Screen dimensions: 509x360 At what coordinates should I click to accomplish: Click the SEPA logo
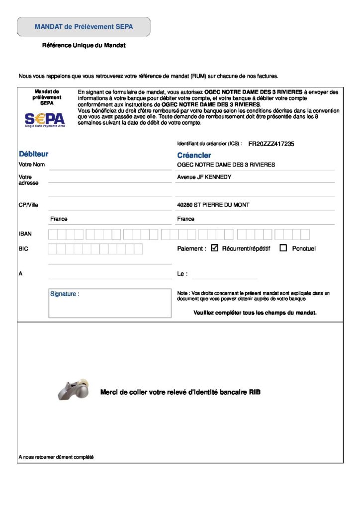tap(44, 119)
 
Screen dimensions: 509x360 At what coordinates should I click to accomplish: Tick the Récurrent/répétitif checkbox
tap(215, 248)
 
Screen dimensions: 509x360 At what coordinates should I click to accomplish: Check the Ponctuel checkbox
tap(283, 248)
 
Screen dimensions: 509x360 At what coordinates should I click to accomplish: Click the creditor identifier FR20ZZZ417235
tap(271, 144)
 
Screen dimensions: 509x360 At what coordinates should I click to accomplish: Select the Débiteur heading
tap(33, 154)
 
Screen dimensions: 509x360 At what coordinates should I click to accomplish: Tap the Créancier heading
tap(194, 155)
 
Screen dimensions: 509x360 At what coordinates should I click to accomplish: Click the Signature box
tap(109, 303)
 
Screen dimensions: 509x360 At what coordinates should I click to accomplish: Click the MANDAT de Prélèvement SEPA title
tap(84, 27)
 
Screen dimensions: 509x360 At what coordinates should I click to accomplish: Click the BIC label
tap(23, 249)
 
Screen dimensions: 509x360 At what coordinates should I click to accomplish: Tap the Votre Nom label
tap(32, 165)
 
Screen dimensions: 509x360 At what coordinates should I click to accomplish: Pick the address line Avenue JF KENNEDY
tap(204, 177)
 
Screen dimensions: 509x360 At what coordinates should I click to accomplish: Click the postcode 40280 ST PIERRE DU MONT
tap(213, 205)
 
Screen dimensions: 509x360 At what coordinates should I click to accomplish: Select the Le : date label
tap(182, 274)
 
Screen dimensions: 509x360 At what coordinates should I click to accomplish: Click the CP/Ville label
tap(28, 205)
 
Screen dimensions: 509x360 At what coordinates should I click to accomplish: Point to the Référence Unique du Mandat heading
tap(84, 46)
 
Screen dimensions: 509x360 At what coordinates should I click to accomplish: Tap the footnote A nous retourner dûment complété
tap(56, 457)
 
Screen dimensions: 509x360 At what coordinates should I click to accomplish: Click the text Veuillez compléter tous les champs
tap(255, 313)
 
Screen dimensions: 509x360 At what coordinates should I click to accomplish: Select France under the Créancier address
tap(185, 219)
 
